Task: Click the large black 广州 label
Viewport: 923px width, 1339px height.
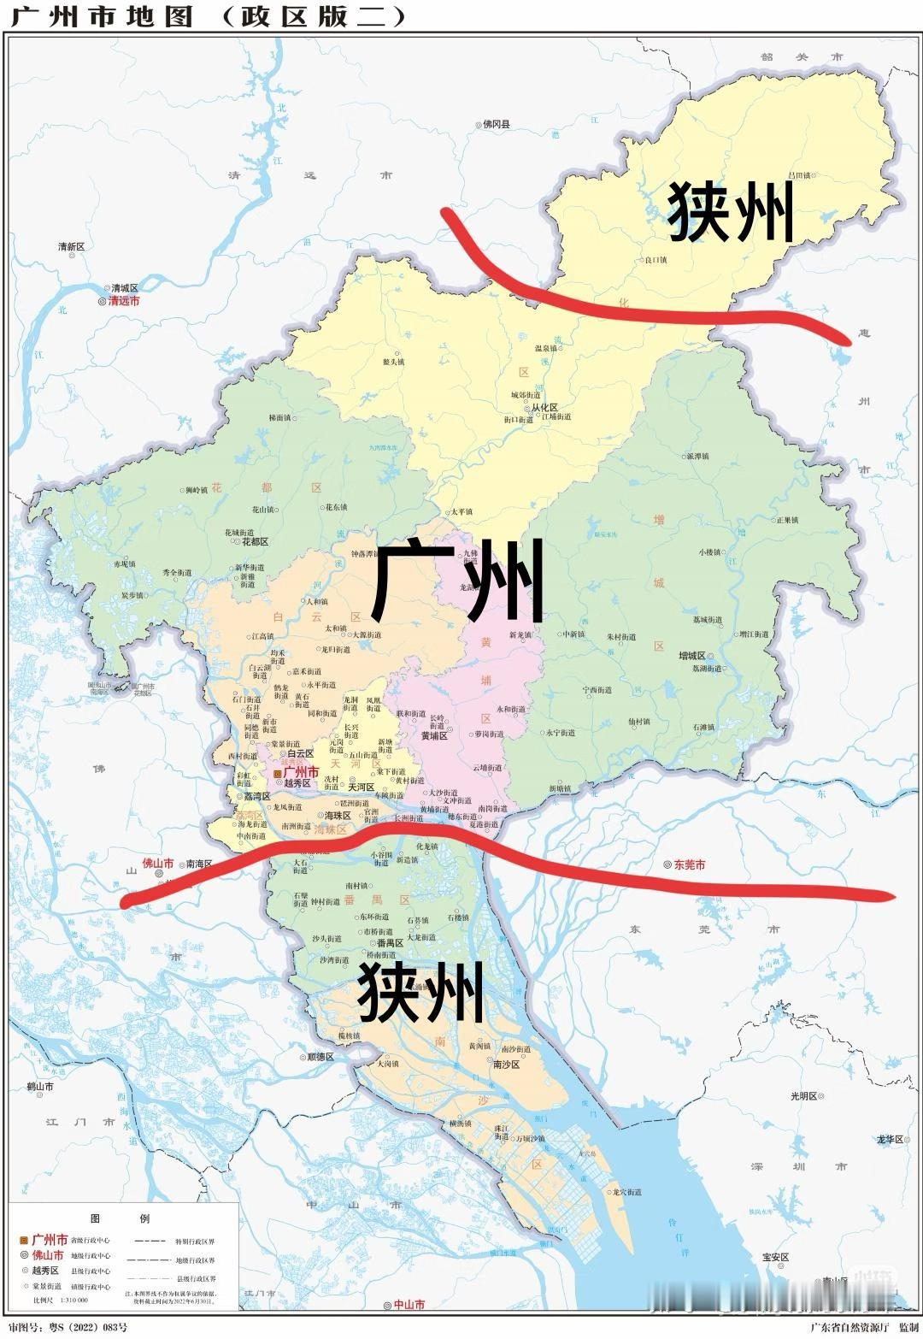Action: [459, 581]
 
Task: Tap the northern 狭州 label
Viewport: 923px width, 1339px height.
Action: [731, 211]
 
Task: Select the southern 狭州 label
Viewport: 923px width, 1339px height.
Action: [420, 991]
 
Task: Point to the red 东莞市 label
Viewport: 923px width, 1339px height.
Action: [690, 864]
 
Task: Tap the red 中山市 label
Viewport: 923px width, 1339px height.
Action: [409, 1305]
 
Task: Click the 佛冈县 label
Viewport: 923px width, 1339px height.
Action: [496, 125]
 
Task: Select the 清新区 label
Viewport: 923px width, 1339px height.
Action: [72, 247]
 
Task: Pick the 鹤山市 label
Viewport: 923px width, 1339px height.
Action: [39, 1087]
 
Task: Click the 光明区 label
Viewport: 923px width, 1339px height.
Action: [803, 1095]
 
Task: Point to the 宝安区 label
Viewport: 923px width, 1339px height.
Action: [775, 1257]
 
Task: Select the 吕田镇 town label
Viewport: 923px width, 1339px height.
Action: [801, 175]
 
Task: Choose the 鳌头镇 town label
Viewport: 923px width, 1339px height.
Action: [393, 362]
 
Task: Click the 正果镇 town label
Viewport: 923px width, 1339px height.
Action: [787, 520]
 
